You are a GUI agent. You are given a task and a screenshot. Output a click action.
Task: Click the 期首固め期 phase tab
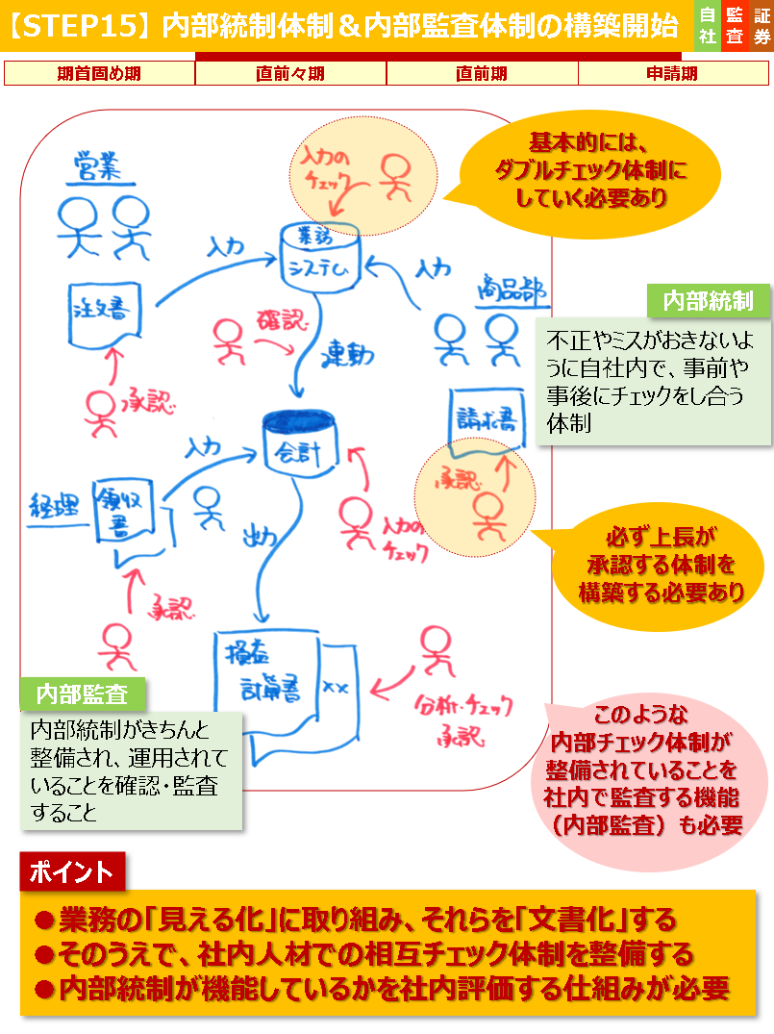[x=100, y=73]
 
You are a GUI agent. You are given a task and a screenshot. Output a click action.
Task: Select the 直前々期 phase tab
[x=290, y=73]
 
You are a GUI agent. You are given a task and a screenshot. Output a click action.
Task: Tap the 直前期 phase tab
[x=482, y=73]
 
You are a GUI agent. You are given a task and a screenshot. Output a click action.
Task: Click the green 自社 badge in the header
[x=707, y=26]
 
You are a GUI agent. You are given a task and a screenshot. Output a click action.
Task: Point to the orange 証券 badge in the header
[x=762, y=26]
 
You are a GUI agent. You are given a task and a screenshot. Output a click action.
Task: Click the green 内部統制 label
[x=708, y=301]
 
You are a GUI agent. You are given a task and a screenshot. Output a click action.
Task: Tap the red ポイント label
[x=72, y=871]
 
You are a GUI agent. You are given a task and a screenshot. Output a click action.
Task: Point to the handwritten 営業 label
[x=97, y=169]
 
